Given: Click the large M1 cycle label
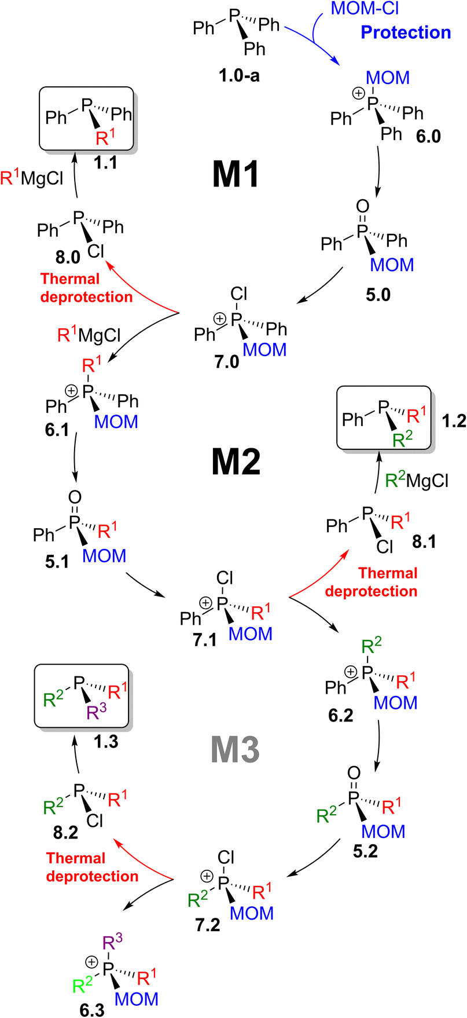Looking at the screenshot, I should click(236, 174).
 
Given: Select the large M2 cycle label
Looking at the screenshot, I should click(236, 462).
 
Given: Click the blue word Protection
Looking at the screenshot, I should click(406, 32).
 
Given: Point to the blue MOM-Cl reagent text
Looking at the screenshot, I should click(365, 9).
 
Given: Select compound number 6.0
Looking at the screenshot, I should click(428, 137).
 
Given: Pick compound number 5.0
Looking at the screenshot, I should click(377, 294).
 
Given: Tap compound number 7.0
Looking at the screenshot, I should click(226, 362).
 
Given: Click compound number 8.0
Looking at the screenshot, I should click(67, 257).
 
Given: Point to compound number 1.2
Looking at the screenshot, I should click(453, 421).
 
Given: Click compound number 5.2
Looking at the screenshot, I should click(365, 851).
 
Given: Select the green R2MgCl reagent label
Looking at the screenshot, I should click(417, 480).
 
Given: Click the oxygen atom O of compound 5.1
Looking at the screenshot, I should click(75, 497).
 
